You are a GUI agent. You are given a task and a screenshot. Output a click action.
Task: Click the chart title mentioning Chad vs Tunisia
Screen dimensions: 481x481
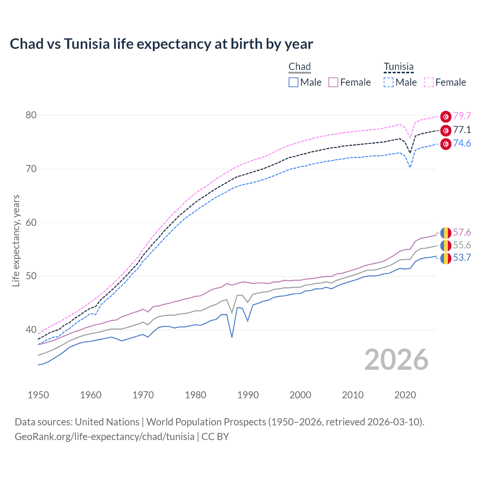coord(161,44)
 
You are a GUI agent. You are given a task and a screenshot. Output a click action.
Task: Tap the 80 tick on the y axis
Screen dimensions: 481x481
coord(31,115)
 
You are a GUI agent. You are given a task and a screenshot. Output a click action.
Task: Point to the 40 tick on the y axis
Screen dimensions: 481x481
coord(31,330)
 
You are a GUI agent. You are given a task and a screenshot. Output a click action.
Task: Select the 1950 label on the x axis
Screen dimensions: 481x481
coord(38,395)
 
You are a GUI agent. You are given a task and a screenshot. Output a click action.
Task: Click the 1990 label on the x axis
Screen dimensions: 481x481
coord(248,395)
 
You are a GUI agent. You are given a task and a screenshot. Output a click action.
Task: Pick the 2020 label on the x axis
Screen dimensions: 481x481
coord(405,395)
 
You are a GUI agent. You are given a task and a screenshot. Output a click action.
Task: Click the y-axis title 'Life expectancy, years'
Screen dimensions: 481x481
coord(16,240)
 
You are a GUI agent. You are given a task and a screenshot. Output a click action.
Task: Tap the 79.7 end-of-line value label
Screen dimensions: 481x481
coord(462,116)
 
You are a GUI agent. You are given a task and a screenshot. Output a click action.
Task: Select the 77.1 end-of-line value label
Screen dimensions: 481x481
coord(462,130)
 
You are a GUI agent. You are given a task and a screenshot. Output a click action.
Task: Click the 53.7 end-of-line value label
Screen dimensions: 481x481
coord(462,258)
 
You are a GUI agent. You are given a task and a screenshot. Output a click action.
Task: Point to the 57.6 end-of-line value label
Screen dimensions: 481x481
coord(462,233)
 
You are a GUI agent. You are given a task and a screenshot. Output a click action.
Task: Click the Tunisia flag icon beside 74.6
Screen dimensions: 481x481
coord(446,144)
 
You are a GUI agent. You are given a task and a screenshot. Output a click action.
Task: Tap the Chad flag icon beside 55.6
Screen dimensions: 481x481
coord(446,245)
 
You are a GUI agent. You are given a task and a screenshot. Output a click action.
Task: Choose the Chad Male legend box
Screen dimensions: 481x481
coord(293,82)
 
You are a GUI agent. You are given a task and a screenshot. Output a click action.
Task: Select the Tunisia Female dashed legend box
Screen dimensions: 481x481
coord(429,82)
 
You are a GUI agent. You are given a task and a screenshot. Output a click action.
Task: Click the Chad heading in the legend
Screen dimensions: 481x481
coord(299,67)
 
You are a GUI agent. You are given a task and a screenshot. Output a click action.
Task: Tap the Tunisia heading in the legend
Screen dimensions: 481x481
coord(399,67)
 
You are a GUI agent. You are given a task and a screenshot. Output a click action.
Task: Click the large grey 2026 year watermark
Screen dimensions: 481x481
coord(396,360)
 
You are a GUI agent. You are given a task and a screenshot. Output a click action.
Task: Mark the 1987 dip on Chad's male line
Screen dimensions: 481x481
coord(232,337)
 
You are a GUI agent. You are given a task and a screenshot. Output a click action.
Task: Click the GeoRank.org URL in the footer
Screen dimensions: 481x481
coord(104,437)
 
